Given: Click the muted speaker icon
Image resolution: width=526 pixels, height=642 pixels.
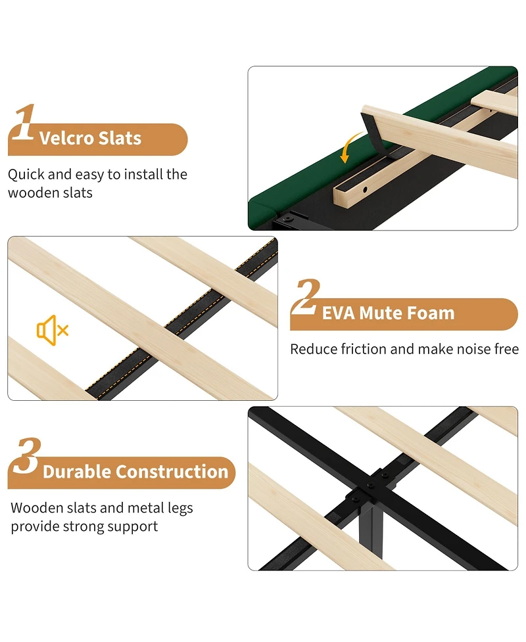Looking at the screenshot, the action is (53, 330).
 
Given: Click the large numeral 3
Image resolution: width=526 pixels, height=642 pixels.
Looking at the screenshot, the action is (26, 455).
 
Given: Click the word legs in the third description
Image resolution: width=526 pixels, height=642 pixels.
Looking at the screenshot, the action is (180, 509).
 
